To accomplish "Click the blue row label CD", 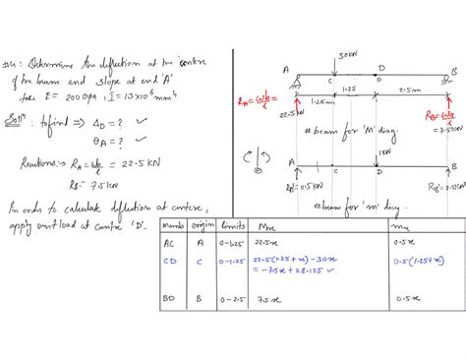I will click(x=172, y=261).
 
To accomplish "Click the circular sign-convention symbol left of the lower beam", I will click(x=257, y=157).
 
